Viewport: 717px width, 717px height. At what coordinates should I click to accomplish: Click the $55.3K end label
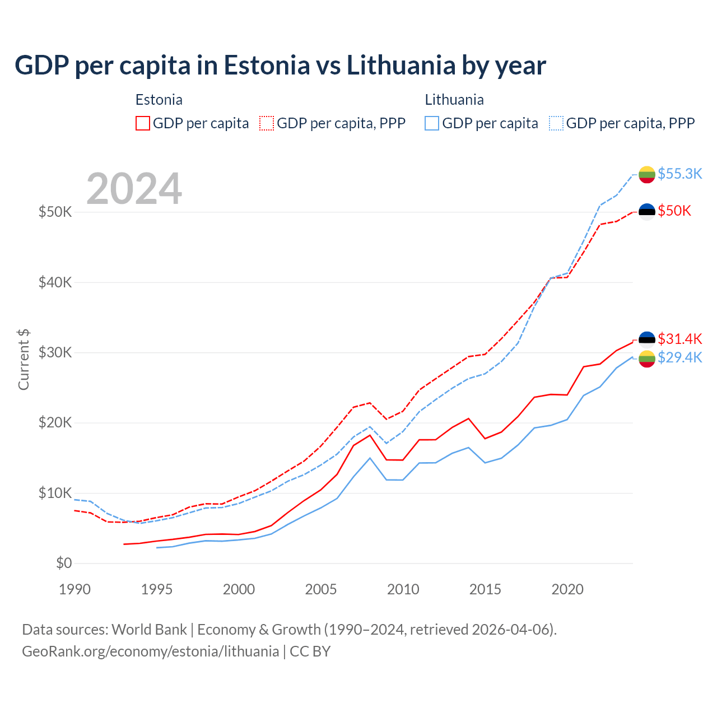679,174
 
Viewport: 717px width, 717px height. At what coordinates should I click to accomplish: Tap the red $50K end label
674,211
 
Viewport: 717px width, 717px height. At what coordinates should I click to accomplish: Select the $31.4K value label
679,339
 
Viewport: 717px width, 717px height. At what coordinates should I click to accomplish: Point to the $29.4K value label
679,357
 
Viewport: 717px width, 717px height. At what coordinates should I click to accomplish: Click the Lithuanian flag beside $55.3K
647,174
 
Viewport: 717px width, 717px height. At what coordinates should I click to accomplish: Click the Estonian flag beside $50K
647,211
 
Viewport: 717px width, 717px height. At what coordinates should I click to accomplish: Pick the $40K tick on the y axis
55,282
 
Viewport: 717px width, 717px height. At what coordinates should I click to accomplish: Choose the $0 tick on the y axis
64,563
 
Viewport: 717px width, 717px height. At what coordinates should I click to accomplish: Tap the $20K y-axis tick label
55,423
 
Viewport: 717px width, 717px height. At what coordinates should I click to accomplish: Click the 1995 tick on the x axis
157,589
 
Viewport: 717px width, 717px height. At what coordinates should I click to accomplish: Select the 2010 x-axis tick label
403,589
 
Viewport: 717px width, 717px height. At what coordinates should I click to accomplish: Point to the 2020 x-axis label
567,589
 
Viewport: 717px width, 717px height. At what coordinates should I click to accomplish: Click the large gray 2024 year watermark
134,189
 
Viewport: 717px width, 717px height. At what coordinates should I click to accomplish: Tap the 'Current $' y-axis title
24,360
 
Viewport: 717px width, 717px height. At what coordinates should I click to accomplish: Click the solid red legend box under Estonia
143,123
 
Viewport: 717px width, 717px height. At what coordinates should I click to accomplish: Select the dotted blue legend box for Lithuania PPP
556,123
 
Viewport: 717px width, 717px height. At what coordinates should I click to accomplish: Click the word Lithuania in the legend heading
454,100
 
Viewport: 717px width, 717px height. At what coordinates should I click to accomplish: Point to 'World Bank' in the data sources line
149,630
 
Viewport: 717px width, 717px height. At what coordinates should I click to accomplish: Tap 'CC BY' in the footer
310,651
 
